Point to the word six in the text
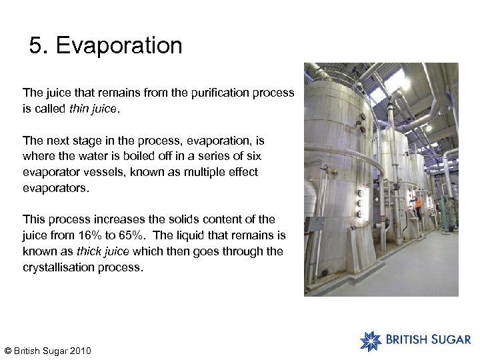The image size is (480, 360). [x=253, y=156]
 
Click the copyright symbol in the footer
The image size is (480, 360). [x=8, y=351]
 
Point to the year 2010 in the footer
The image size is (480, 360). [x=79, y=351]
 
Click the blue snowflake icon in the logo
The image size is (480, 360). [x=370, y=340]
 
